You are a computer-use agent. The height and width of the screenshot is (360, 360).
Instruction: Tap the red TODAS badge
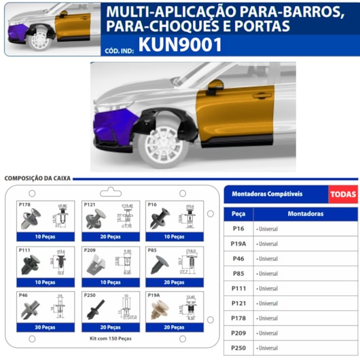click(343, 194)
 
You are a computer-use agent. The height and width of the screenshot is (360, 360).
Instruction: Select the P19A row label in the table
click(238, 243)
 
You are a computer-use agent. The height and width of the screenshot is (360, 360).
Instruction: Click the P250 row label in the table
click(238, 348)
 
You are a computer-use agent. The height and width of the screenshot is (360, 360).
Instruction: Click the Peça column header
click(238, 213)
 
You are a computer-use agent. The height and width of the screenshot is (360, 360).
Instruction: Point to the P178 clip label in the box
click(24, 204)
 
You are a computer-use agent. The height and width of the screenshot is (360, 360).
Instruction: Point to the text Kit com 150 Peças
click(111, 337)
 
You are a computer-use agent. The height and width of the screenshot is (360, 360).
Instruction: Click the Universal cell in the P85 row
click(268, 273)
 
